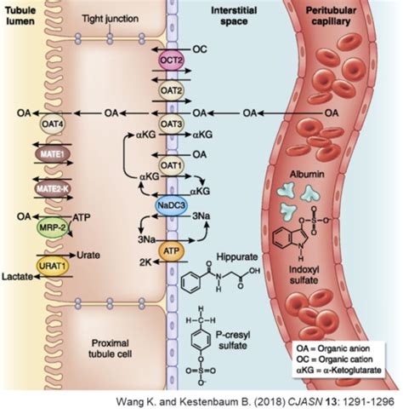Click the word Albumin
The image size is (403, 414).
tap(305, 171)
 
